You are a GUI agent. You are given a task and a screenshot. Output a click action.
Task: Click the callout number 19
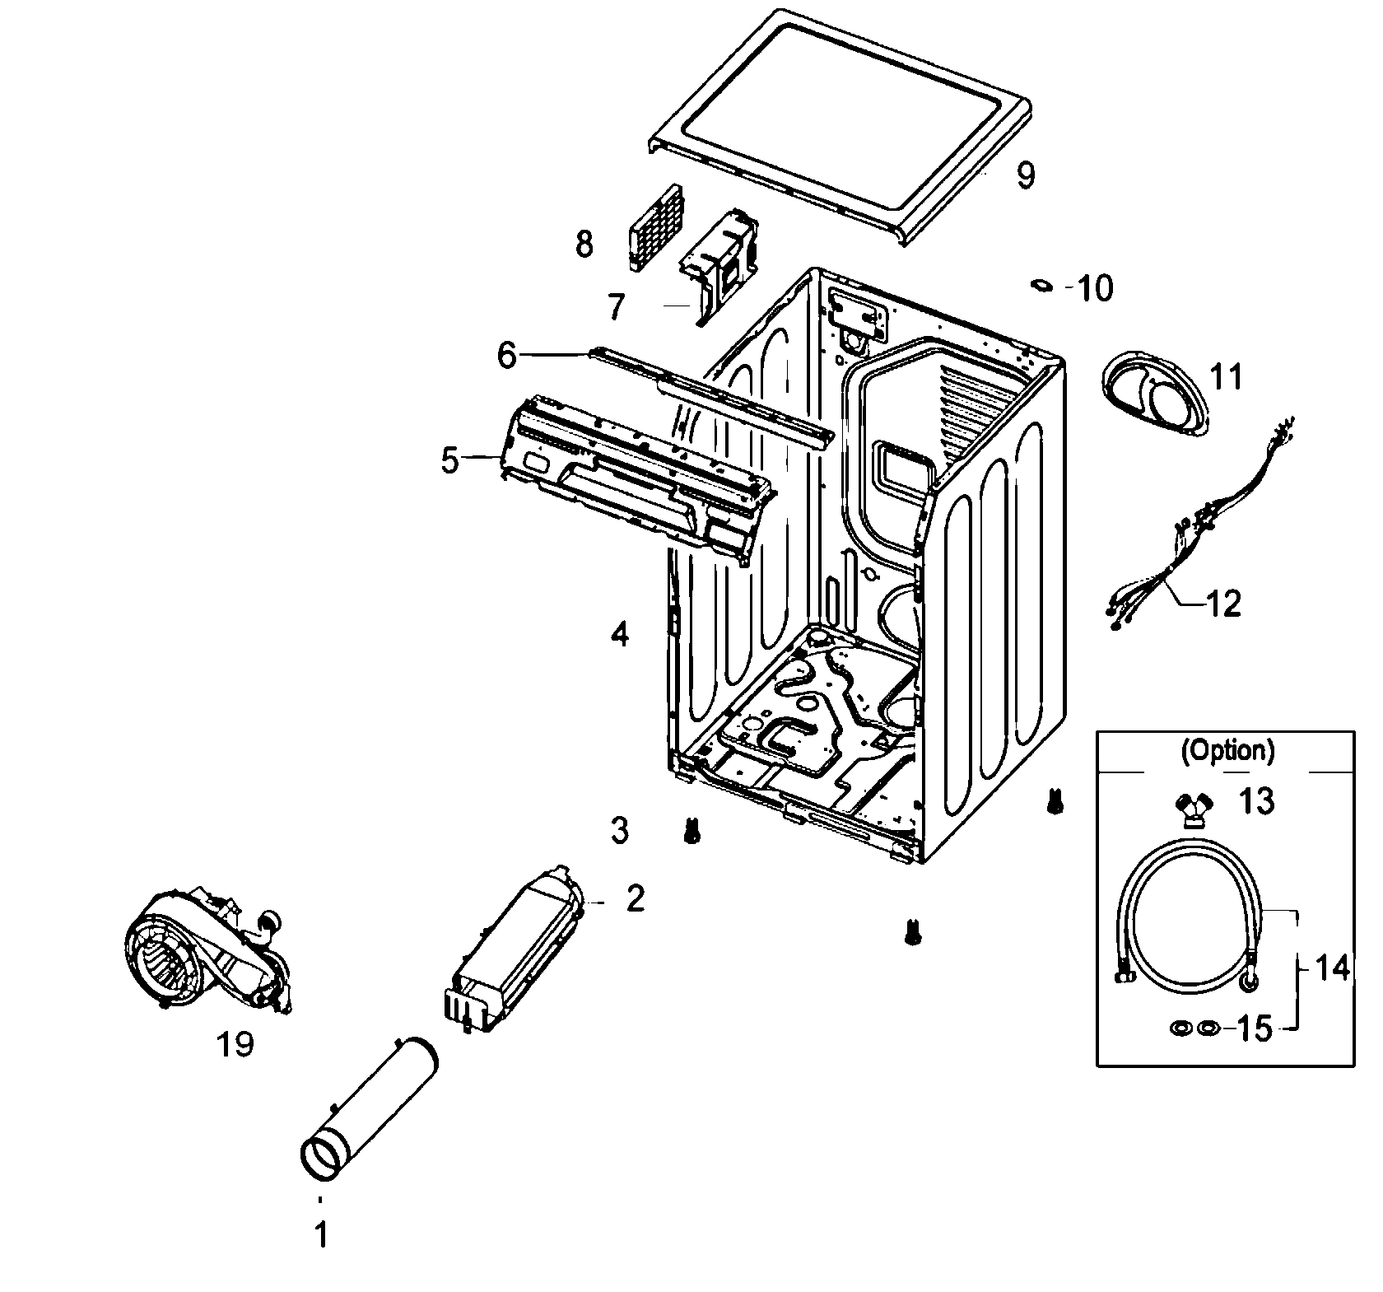point(235,1044)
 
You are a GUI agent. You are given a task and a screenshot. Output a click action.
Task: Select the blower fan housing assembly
point(206,955)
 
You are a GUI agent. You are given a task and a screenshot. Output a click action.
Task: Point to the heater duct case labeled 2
point(510,947)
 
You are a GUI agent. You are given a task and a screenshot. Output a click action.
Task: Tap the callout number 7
point(617,307)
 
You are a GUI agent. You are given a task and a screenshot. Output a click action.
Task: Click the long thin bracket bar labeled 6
point(708,395)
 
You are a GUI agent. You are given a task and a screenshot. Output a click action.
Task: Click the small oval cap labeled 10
point(1042,285)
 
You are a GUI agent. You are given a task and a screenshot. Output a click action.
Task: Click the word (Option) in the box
point(1227,750)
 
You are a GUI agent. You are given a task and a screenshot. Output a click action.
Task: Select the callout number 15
point(1255,1028)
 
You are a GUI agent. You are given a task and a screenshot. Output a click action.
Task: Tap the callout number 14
point(1331,968)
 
